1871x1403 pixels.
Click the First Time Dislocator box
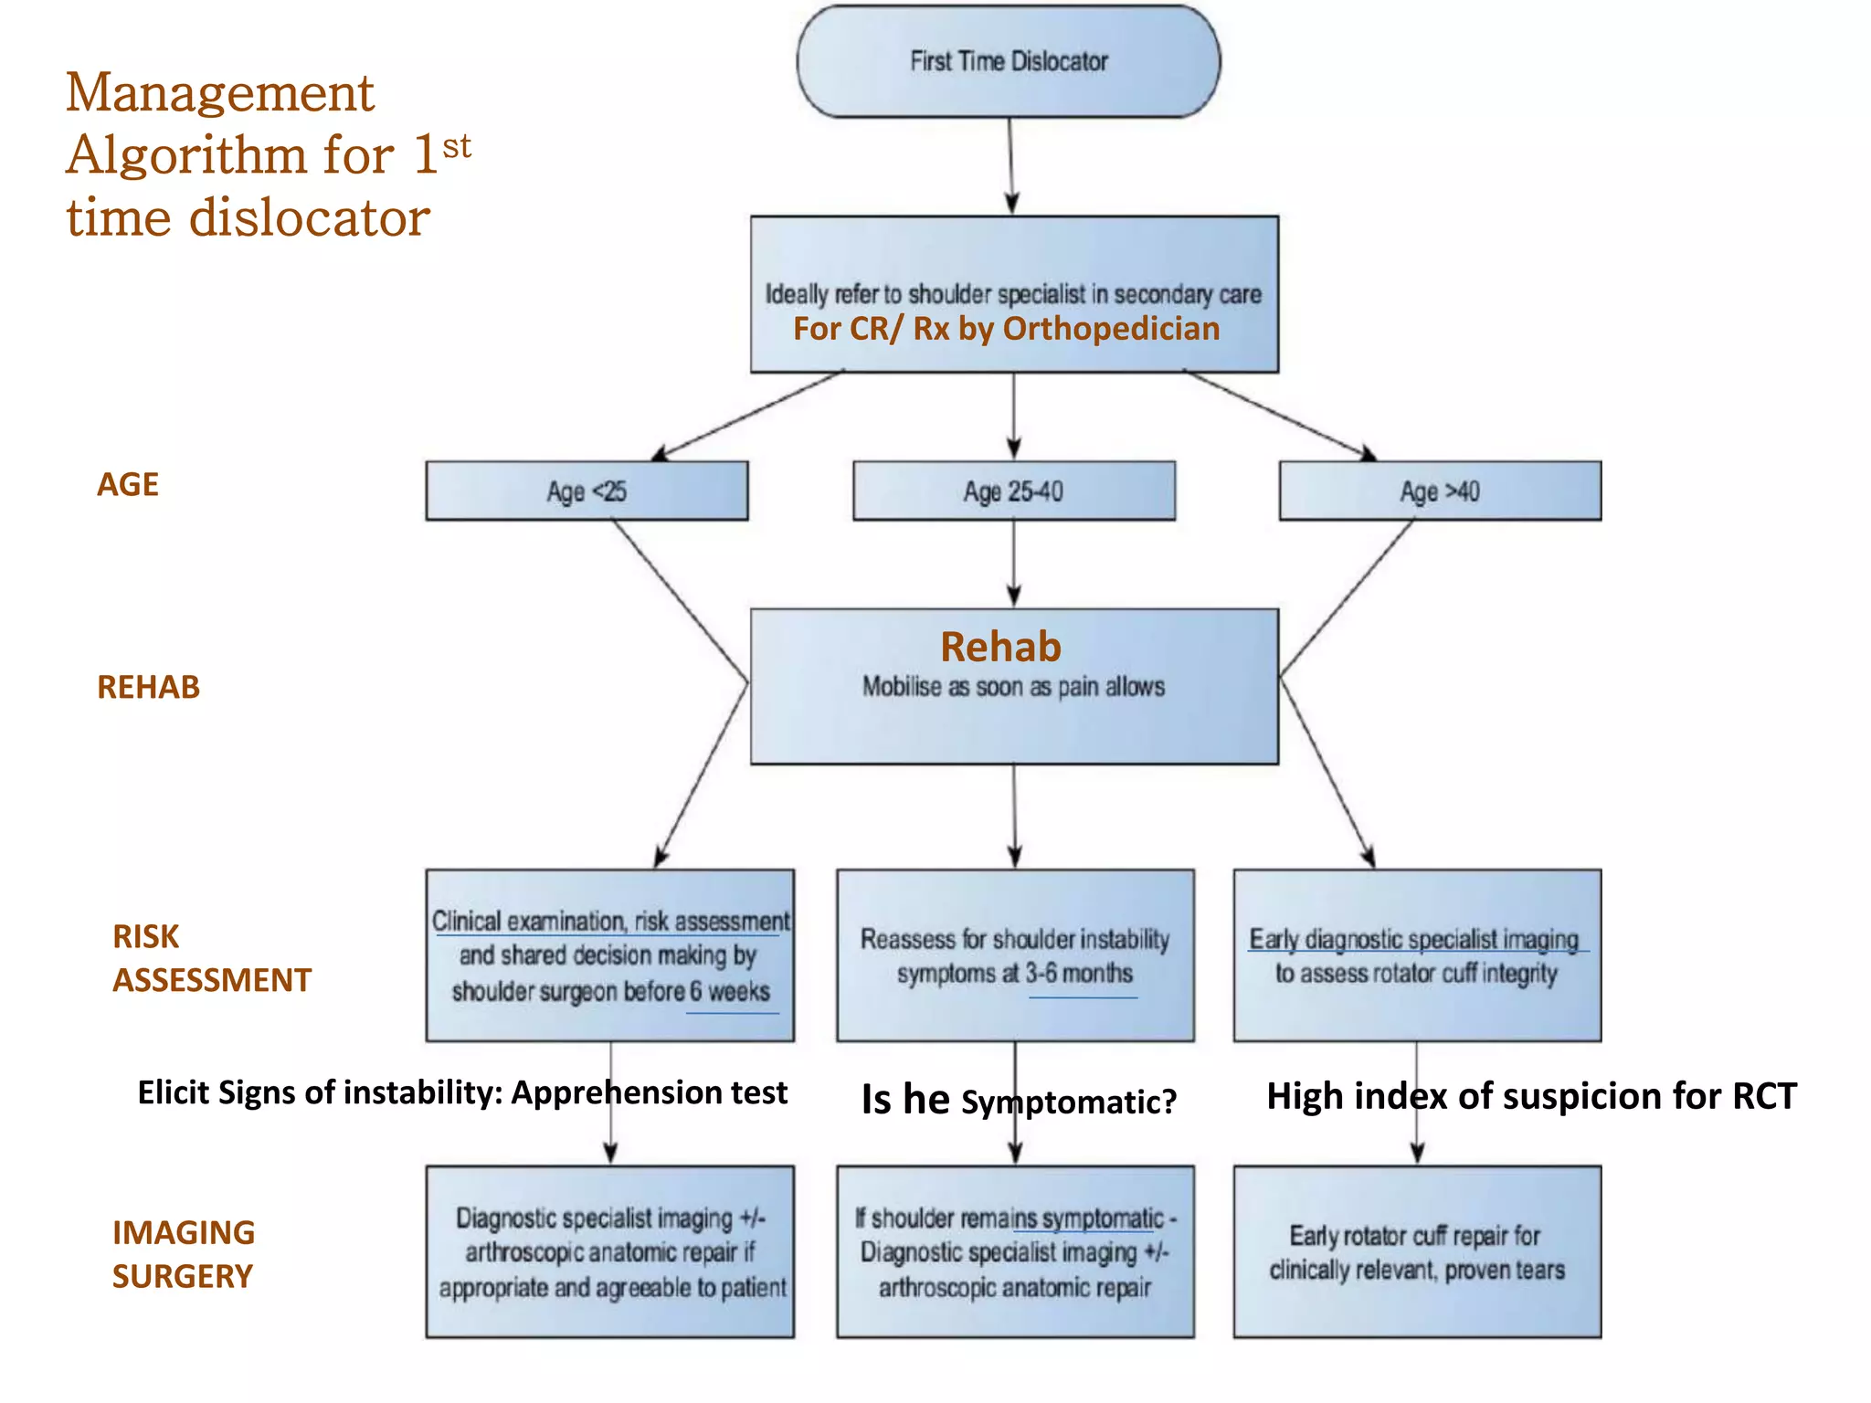click(1008, 61)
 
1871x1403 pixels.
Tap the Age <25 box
click(586, 491)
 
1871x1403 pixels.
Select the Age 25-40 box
click(1013, 491)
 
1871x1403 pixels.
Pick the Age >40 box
click(1439, 491)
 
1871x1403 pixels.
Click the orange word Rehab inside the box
click(1000, 647)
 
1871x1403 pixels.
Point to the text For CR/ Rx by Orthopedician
click(1006, 329)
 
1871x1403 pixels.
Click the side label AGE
click(128, 484)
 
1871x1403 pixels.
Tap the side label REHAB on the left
click(148, 687)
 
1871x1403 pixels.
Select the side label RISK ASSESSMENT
click(211, 958)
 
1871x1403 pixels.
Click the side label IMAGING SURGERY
click(183, 1254)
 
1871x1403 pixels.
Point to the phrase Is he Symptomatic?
click(1018, 1100)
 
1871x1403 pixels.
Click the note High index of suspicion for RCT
click(1531, 1096)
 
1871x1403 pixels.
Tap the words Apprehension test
click(650, 1092)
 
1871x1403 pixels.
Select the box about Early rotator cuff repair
click(1416, 1251)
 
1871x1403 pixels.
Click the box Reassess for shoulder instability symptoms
click(1014, 955)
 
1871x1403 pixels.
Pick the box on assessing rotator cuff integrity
click(1416, 955)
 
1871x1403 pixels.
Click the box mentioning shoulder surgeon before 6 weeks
click(609, 955)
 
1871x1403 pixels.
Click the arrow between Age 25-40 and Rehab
click(1013, 564)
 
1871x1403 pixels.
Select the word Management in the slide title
click(220, 93)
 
